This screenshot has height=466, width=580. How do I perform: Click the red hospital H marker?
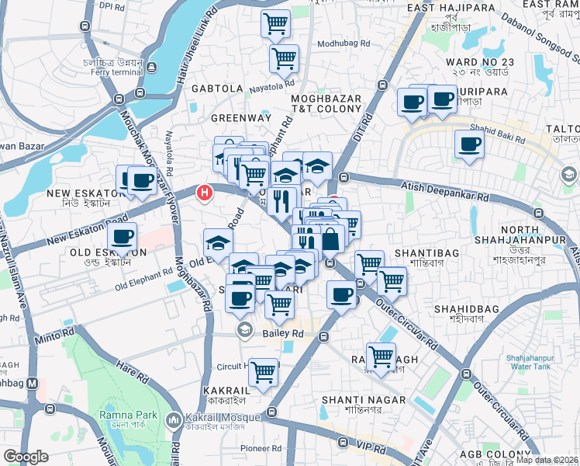[x=205, y=192]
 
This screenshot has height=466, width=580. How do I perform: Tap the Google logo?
[x=26, y=457]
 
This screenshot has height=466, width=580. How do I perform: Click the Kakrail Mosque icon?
[x=172, y=419]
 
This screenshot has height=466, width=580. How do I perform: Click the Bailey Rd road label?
[x=281, y=332]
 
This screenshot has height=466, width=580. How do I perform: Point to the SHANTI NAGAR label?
[x=352, y=399]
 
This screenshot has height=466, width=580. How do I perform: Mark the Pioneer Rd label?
[x=261, y=448]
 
